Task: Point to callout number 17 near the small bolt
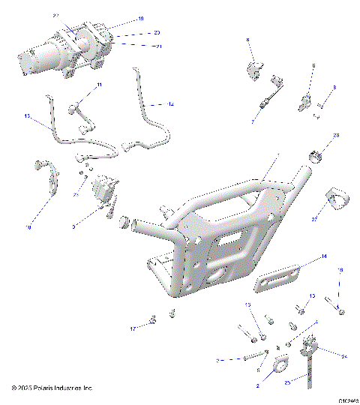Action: (x=133, y=328)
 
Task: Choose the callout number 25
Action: (x=287, y=381)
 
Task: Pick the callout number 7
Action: (x=253, y=120)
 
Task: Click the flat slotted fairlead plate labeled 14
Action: (x=278, y=277)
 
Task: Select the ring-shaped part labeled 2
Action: (x=280, y=364)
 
